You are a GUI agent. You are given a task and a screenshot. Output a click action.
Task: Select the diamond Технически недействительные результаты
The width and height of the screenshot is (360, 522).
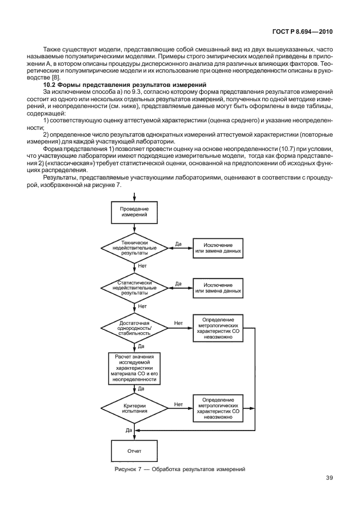[x=134, y=248]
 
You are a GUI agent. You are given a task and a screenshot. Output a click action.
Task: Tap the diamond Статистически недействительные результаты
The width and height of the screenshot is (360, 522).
[x=134, y=286]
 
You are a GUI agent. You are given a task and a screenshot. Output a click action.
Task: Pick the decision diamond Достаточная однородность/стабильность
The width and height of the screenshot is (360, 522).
[x=134, y=328]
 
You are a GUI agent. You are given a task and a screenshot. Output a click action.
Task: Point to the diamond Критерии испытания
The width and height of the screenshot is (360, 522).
[x=134, y=408]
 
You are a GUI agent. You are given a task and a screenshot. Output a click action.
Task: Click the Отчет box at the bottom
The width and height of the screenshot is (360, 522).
[x=134, y=451]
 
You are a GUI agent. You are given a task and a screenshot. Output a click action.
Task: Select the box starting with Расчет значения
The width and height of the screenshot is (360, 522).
[x=134, y=368]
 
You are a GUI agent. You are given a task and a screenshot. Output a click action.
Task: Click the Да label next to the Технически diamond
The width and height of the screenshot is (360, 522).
[x=178, y=244]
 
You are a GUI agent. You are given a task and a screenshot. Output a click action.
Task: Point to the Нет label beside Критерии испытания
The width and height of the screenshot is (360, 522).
[x=178, y=404]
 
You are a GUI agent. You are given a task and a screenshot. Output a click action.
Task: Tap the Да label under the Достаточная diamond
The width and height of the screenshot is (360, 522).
[x=141, y=346]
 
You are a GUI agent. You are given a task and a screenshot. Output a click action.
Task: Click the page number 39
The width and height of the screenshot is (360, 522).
[x=329, y=478]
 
